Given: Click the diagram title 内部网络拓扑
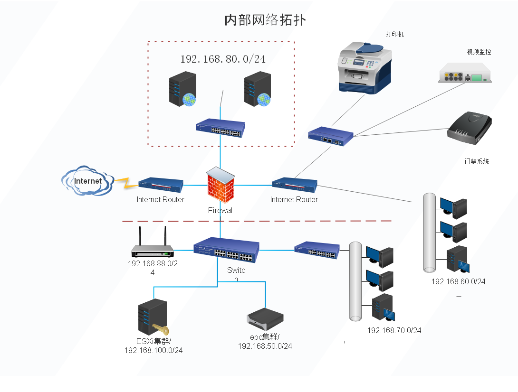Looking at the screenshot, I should [265, 20].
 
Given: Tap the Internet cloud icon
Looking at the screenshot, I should [87, 180].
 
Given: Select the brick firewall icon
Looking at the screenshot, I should [221, 186].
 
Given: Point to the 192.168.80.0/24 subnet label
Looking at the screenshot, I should [222, 59].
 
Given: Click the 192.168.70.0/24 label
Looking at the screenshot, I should [394, 330].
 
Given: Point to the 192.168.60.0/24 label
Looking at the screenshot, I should [458, 281].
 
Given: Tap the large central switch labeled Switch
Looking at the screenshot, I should [227, 251].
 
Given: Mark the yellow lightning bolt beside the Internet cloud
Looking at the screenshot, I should [125, 183].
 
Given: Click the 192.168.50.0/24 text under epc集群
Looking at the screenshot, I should [265, 346].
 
